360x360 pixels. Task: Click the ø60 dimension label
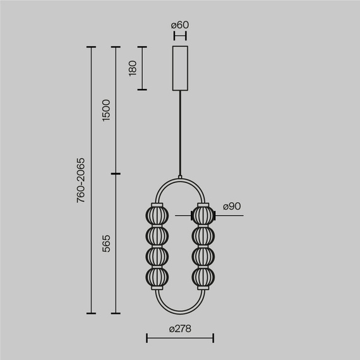(180, 25)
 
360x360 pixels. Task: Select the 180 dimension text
(132, 68)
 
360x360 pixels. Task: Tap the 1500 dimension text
(105, 111)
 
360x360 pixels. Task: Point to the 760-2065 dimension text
(80, 181)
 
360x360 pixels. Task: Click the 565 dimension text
(105, 243)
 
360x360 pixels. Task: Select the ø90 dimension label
(231, 207)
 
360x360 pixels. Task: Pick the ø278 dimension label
(180, 328)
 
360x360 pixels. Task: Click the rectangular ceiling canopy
(180, 68)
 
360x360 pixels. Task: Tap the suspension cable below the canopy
(180, 133)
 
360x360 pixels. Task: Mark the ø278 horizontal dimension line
(180, 339)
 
